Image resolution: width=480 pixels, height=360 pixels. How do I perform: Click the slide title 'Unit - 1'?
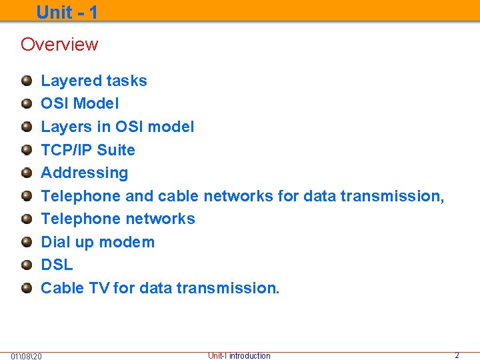(x=67, y=11)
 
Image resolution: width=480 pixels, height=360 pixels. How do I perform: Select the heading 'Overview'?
(x=59, y=45)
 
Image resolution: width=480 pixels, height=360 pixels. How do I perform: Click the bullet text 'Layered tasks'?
(x=94, y=81)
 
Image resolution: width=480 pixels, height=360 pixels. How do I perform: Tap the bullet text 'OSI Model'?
(x=80, y=104)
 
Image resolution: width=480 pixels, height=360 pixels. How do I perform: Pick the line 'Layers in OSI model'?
(x=117, y=127)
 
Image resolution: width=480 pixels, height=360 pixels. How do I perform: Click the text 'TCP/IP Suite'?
(x=88, y=150)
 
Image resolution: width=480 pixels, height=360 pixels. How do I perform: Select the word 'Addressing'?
(x=85, y=173)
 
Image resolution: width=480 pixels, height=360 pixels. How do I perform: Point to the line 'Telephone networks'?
(x=118, y=219)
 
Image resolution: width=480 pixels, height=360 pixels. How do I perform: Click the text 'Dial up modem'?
(x=98, y=242)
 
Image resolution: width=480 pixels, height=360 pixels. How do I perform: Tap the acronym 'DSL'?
(x=57, y=265)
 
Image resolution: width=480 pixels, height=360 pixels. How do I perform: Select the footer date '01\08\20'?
(x=27, y=356)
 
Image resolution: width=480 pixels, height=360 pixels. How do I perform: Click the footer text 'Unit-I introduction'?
(x=239, y=356)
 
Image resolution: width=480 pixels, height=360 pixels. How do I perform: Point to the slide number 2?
(x=457, y=355)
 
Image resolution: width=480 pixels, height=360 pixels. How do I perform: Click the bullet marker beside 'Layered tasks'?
(x=27, y=81)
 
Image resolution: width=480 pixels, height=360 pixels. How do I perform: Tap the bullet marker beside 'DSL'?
(x=27, y=265)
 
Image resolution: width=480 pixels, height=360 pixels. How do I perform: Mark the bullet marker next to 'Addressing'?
(x=27, y=173)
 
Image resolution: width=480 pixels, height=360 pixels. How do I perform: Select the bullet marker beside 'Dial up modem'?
(x=27, y=243)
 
